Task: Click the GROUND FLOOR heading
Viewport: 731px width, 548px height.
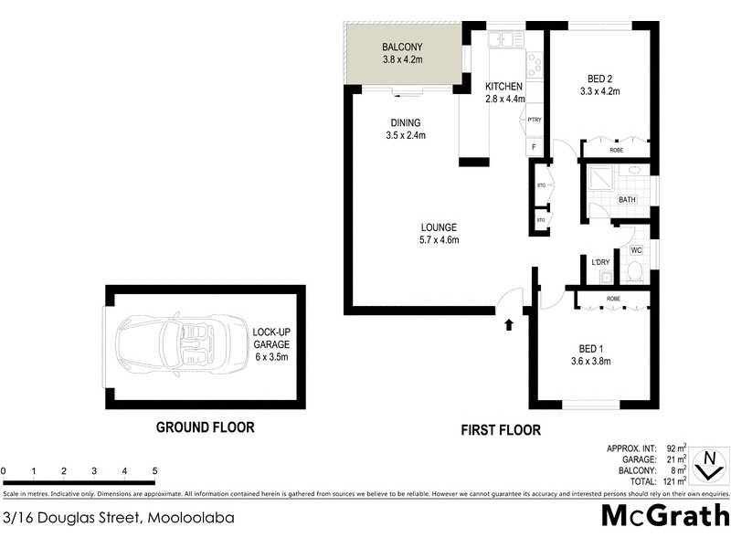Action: pos(205,427)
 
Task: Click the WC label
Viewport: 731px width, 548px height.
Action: pos(637,249)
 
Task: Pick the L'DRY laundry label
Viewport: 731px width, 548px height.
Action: pos(600,263)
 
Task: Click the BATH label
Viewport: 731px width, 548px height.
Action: pos(627,200)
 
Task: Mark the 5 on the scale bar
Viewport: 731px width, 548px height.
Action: pos(154,471)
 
